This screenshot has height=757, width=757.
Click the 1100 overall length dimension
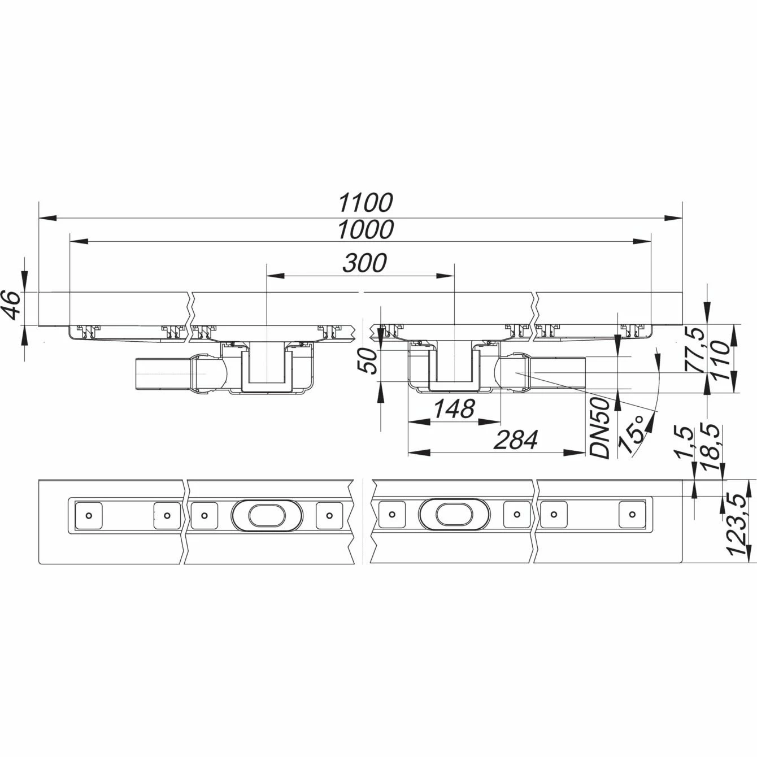pyautogui.click(x=366, y=203)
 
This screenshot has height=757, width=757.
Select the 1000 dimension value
pyautogui.click(x=366, y=229)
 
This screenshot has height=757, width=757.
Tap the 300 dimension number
pyautogui.click(x=364, y=263)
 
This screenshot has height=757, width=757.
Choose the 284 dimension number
pyautogui.click(x=515, y=440)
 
